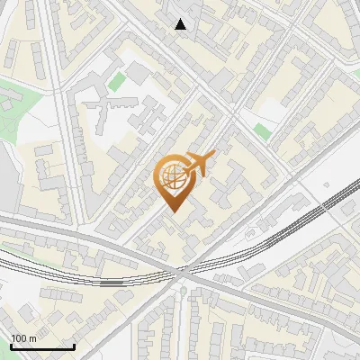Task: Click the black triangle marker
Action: pos(181,24)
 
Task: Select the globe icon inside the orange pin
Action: pos(173,179)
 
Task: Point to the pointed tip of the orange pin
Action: pos(174,213)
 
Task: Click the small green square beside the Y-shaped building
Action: pos(116,82)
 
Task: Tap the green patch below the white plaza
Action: pos(262,131)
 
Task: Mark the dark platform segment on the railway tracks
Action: pos(112,283)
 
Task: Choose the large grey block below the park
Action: pos(7,180)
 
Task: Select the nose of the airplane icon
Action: pos(212,156)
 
